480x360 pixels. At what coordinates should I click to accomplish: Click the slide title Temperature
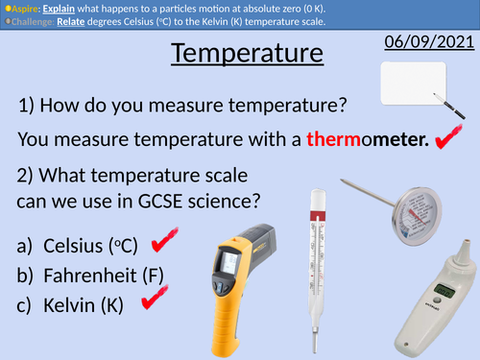247,53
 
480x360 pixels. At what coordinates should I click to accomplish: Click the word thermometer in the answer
367,141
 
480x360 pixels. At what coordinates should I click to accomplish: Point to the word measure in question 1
176,105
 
